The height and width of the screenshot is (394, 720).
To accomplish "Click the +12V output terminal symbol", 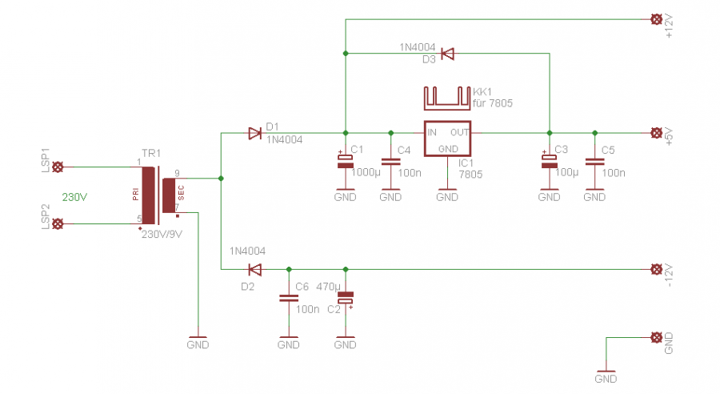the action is (657, 19).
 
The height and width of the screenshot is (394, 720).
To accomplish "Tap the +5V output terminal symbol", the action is (657, 133).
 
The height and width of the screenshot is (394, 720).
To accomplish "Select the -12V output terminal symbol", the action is (657, 269).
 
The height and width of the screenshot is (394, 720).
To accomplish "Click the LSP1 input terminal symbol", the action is (58, 167).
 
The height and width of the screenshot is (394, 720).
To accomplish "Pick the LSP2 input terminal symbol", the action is (58, 224).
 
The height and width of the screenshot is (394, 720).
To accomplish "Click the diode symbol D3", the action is (447, 54).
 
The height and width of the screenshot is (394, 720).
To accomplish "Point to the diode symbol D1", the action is (255, 133).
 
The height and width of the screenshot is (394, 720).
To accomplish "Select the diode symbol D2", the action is (255, 269).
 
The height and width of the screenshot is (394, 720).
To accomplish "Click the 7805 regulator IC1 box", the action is (447, 139).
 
